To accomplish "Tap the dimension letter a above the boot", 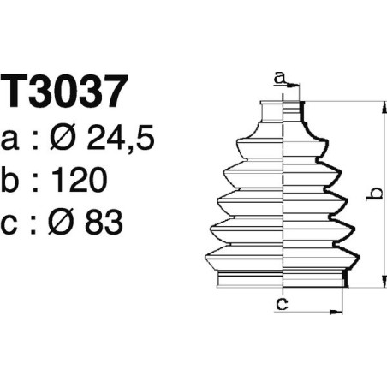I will click(279, 78).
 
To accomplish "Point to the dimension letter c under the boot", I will click(280, 301).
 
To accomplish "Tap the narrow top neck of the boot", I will click(282, 109).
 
